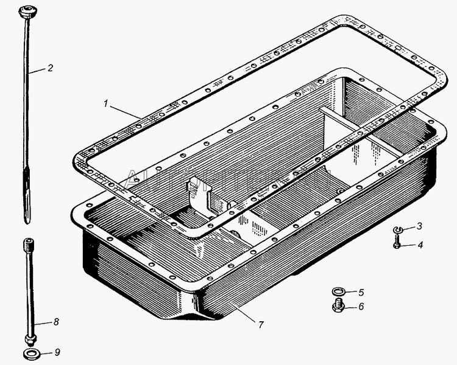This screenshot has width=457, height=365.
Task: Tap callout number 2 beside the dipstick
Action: coord(50,68)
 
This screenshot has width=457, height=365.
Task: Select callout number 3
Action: coord(419,227)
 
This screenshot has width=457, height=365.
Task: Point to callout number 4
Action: coord(419,246)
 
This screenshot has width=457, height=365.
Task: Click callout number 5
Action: coord(361,291)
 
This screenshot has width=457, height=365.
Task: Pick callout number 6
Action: coord(361,307)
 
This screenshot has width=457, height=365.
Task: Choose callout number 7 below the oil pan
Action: coord(260,325)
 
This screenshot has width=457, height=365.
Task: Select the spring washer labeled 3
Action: coord(397,229)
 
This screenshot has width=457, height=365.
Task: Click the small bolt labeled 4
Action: coord(396,245)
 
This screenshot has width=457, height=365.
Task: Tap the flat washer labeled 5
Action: coord(337,291)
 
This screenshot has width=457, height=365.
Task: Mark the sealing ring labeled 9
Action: coord(29,354)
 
